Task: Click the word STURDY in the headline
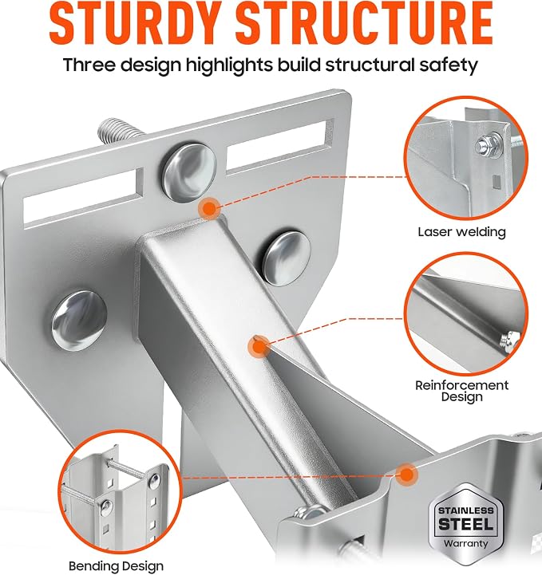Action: coord(138,24)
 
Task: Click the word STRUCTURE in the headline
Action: coord(364,24)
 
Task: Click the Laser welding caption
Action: coord(461,232)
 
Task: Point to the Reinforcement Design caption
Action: coord(461,391)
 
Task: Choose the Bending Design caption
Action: coord(116,566)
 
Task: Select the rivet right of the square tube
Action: coord(287,258)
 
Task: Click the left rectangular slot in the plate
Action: coord(84,198)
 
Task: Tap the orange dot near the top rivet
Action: coord(209,208)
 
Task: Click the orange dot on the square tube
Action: coord(259,347)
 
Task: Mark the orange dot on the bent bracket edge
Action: coord(406,475)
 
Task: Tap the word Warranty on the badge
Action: coord(465,543)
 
